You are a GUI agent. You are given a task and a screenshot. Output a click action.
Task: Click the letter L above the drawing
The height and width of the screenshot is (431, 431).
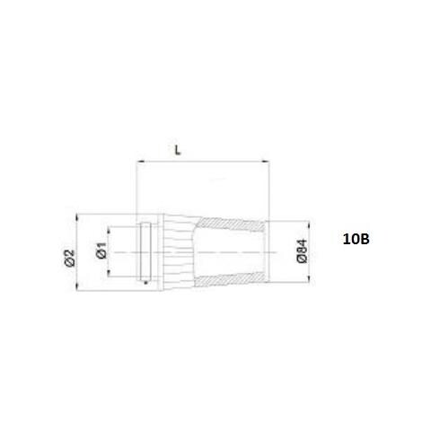click(178, 150)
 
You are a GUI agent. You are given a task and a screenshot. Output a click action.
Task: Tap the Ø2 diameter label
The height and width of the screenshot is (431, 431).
click(69, 258)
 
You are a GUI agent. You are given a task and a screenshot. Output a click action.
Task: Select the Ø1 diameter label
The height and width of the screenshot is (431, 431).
click(101, 250)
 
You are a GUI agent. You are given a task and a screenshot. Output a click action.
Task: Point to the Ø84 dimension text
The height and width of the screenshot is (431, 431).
click(303, 251)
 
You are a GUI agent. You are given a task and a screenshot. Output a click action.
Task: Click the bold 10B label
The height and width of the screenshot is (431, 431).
click(356, 240)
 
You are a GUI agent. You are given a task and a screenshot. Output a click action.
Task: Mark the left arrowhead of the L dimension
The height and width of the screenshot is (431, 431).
click(140, 162)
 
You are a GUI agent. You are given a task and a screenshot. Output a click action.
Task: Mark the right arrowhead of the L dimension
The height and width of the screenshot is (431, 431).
click(266, 162)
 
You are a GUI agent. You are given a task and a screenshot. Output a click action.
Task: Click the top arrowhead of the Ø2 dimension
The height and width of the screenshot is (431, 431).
click(77, 217)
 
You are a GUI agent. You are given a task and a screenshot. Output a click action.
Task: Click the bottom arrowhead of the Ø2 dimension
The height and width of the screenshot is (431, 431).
click(77, 286)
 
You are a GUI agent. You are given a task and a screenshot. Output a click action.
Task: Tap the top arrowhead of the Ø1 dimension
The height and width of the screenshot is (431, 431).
click(109, 230)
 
